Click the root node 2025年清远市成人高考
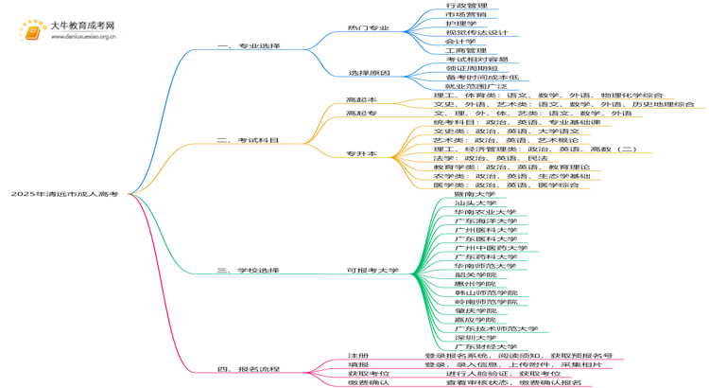click(64, 194)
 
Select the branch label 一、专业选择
click(249, 45)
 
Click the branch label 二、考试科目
click(249, 140)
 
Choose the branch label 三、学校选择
click(249, 271)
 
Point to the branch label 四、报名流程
click(249, 369)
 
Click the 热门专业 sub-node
click(368, 28)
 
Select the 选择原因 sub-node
click(368, 73)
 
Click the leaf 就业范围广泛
click(469, 86)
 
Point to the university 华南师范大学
click(485, 266)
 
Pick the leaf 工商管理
click(465, 51)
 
